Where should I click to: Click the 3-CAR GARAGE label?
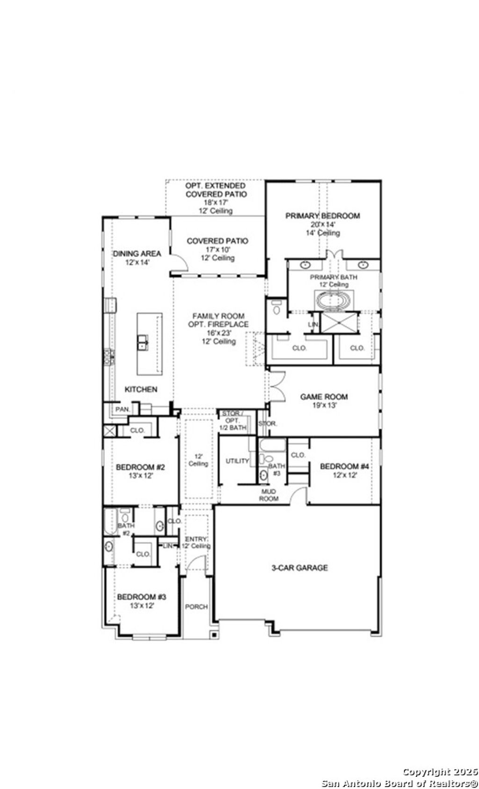tap(299, 568)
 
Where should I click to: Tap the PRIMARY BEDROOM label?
tap(322, 216)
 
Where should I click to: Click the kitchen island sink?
tap(143, 343)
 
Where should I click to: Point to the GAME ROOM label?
tap(324, 397)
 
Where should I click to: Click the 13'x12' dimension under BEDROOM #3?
tap(142, 605)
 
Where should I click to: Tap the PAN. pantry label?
tap(122, 409)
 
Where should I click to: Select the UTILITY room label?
tap(237, 461)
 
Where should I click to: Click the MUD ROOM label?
tap(269, 495)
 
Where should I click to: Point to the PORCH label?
tap(196, 606)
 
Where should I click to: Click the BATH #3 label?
tap(276, 469)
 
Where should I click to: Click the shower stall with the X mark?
tap(339, 323)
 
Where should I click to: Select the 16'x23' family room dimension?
tap(218, 333)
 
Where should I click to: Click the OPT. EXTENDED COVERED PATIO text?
tap(216, 190)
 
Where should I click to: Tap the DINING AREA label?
tap(137, 254)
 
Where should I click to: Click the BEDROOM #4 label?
tap(344, 467)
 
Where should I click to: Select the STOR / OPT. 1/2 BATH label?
tap(232, 420)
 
